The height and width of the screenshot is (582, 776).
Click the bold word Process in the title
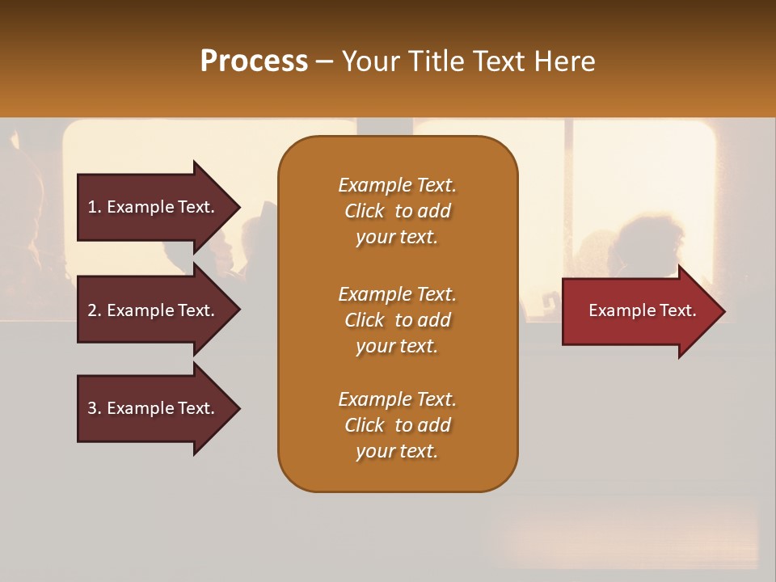click(x=254, y=61)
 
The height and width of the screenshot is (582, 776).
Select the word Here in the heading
click(x=564, y=61)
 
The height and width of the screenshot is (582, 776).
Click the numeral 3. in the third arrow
click(x=94, y=408)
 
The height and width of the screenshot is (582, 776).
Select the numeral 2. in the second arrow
click(x=94, y=310)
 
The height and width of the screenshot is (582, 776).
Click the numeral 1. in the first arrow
click(x=94, y=207)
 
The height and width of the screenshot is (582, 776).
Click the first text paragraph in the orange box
click(x=397, y=211)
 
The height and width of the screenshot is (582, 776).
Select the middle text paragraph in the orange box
click(x=397, y=320)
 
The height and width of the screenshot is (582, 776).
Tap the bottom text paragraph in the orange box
click(x=397, y=425)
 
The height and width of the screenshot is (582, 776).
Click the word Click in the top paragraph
click(x=365, y=211)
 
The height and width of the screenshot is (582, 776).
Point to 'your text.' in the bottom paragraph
click(x=397, y=451)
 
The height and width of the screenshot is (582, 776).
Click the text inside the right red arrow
click(x=643, y=310)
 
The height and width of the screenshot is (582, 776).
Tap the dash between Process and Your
click(x=325, y=61)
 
